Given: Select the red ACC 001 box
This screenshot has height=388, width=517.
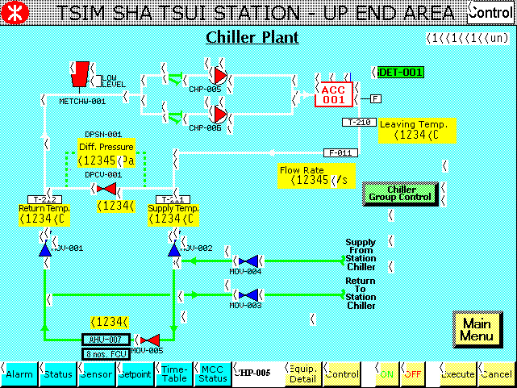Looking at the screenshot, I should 333,94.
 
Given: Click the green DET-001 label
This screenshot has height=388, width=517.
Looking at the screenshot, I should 400,73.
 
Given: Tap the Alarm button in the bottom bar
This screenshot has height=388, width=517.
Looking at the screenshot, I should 19,374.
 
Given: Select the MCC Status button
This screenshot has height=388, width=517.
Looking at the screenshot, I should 214,373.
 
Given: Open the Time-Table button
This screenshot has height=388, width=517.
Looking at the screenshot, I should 175,373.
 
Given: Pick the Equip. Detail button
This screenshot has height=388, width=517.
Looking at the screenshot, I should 302,373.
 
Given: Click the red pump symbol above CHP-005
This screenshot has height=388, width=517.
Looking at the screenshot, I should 219,79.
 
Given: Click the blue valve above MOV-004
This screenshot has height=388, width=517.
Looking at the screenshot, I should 249,261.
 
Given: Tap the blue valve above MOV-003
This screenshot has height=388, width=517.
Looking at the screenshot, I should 249,295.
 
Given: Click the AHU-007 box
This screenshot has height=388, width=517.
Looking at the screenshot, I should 105,340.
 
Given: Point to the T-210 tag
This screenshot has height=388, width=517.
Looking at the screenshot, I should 358,123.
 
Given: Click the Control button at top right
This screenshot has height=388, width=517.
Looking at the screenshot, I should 490,12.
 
